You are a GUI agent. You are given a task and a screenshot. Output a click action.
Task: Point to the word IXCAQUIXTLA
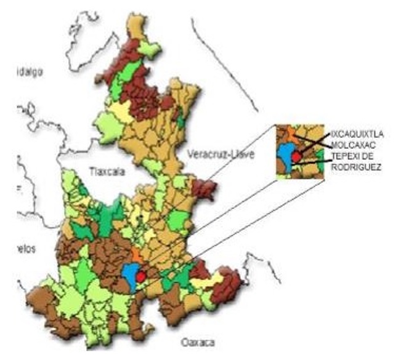(358, 132)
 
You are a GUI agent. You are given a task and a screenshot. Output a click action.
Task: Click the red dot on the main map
(140, 276)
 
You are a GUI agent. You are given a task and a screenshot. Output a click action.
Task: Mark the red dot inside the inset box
(296, 157)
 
